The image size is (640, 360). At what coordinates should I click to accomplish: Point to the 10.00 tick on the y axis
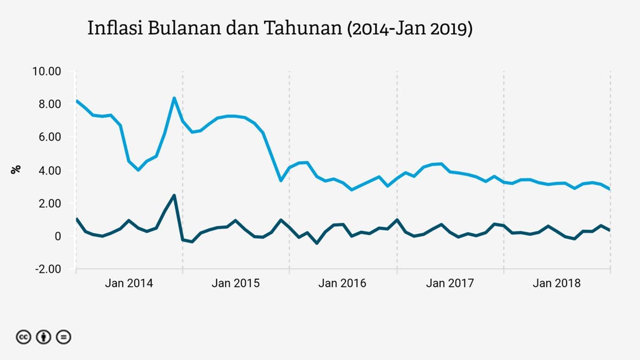point(46,71)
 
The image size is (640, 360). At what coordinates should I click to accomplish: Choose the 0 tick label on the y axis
point(58,236)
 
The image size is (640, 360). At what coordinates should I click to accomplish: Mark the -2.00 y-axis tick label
point(47,270)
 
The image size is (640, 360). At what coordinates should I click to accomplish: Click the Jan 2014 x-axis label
point(129,283)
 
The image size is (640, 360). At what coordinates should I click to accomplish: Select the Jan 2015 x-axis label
point(236,283)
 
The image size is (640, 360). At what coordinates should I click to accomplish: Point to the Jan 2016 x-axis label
point(342,283)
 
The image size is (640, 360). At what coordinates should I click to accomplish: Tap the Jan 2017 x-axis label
point(450,283)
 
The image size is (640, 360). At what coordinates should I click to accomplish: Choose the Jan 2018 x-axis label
point(557,283)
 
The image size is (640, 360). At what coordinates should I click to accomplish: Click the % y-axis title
point(16,169)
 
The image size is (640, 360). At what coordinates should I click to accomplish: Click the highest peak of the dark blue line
point(174,195)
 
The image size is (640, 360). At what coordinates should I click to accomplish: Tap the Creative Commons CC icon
point(23,337)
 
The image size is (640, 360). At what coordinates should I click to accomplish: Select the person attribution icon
point(44,337)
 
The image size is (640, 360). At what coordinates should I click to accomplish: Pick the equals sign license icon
point(64,337)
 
